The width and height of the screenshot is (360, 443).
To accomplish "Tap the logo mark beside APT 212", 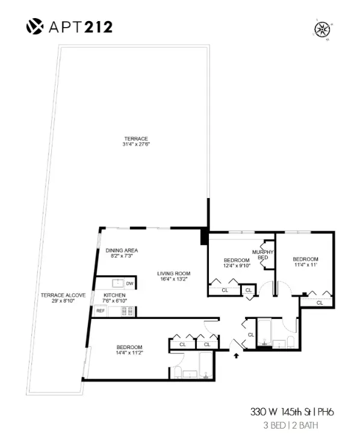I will [34, 26].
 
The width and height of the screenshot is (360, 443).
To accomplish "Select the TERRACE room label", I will [135, 138].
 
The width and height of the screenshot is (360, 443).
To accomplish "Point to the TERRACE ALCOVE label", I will [63, 295].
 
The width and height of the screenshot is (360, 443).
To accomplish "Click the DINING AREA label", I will [122, 250].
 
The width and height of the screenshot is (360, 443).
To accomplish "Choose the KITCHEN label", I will [114, 295].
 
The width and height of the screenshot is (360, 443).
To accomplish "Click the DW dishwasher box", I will [129, 283].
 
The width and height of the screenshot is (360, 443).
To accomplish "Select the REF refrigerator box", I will [101, 311].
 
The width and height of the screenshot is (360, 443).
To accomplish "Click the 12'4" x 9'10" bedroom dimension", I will [229, 265].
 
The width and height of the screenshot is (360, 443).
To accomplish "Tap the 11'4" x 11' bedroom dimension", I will [305, 264].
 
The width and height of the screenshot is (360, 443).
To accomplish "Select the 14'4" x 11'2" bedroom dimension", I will [129, 353].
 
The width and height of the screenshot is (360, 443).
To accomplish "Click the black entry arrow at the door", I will [236, 355].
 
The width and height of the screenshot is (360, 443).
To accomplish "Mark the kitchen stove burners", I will [127, 311].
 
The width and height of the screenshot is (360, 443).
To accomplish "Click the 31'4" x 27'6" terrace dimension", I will [135, 145].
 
